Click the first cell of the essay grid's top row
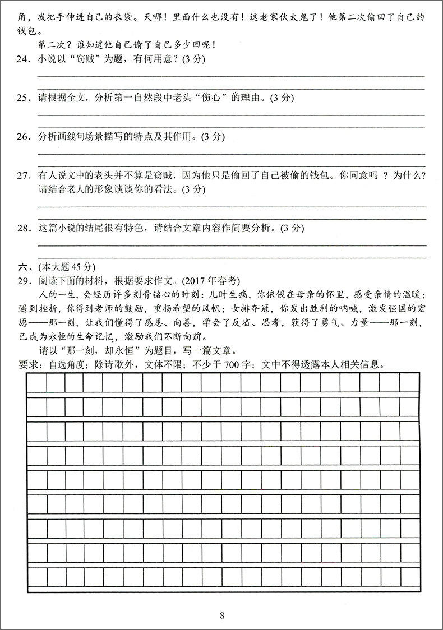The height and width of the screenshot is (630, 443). coord(37,382)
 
